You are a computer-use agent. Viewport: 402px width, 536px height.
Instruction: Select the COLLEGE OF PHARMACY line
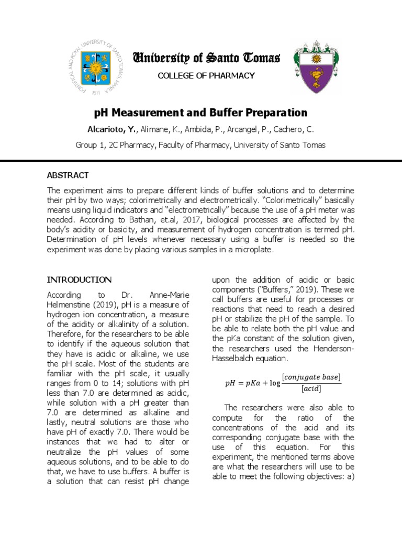(x=206, y=75)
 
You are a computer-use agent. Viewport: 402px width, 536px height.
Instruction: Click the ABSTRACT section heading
(x=68, y=175)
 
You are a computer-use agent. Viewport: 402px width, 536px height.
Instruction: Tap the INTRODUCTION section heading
(x=79, y=280)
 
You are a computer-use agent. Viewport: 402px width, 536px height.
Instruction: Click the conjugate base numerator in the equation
(x=311, y=377)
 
